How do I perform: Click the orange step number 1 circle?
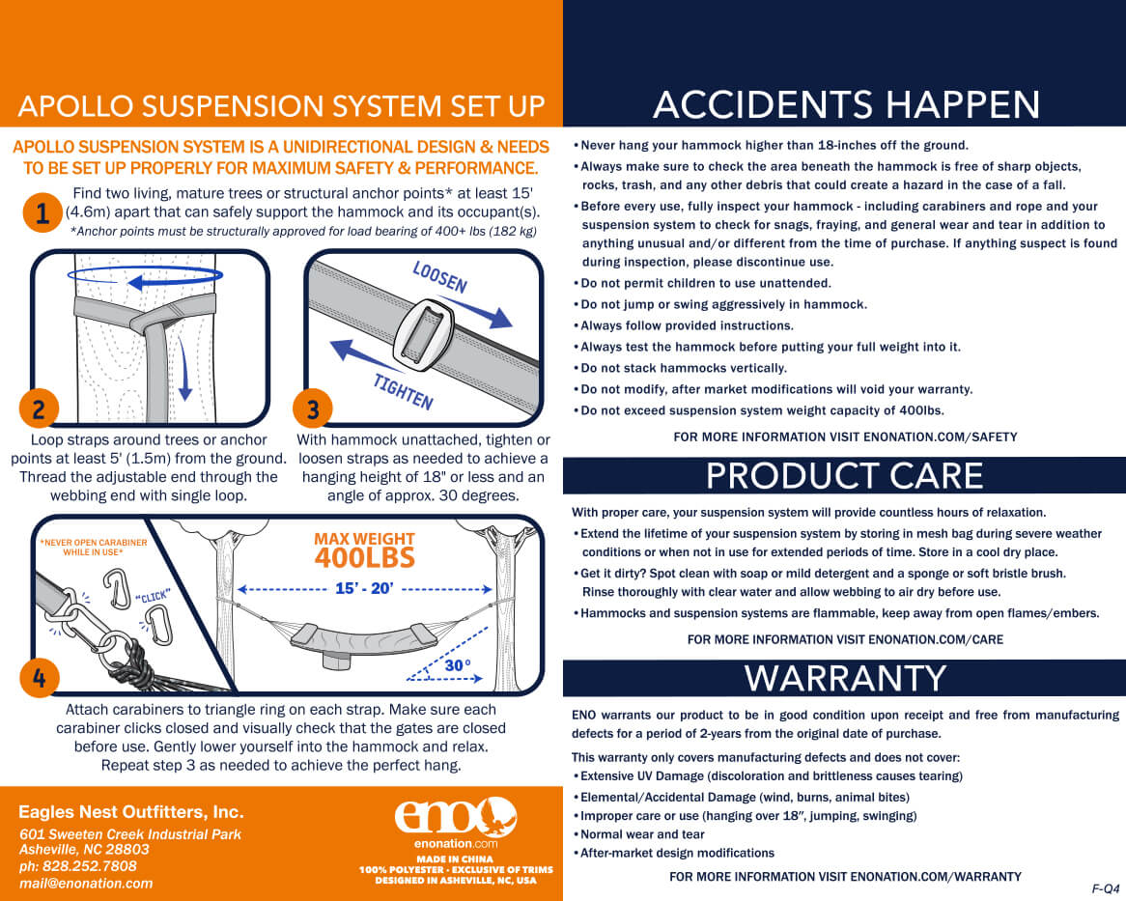(x=42, y=213)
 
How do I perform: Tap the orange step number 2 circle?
(x=39, y=408)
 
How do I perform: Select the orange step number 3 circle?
(x=312, y=408)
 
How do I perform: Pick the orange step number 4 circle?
(x=40, y=678)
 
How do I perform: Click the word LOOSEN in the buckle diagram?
(x=440, y=277)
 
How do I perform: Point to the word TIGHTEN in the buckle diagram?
(x=403, y=391)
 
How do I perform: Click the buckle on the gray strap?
(x=424, y=334)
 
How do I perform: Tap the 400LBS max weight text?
(x=365, y=558)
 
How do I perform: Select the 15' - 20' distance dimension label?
(x=364, y=588)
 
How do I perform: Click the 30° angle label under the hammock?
(x=458, y=665)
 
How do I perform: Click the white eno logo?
(x=455, y=817)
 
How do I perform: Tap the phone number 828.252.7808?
(x=89, y=866)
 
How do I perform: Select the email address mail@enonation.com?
(x=86, y=883)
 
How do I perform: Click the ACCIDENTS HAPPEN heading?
(x=846, y=105)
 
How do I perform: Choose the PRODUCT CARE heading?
(x=844, y=475)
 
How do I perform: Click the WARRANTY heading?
(x=845, y=679)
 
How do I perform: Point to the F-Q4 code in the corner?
(x=1105, y=888)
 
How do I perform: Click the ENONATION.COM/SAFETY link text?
(x=940, y=436)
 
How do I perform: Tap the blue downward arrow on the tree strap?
(x=184, y=368)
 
